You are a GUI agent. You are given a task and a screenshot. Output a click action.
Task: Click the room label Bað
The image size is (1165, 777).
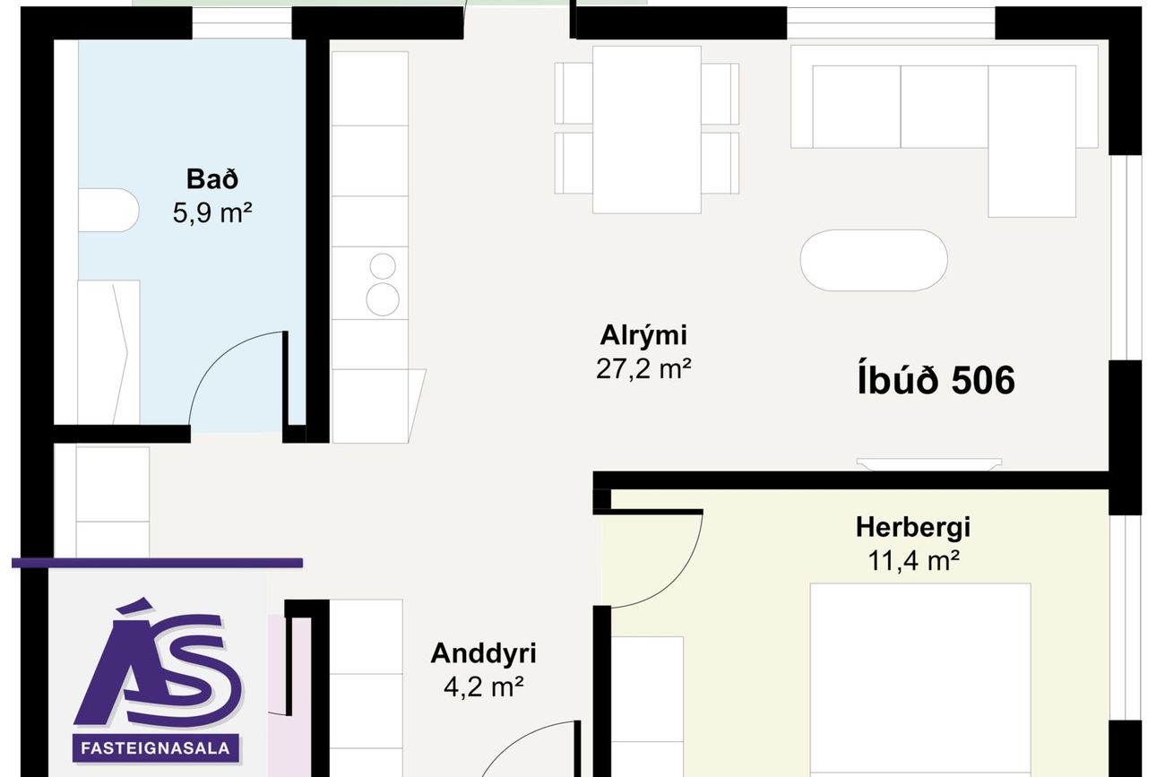pos(212,179)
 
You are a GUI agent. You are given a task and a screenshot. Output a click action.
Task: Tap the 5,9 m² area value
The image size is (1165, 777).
pos(212,213)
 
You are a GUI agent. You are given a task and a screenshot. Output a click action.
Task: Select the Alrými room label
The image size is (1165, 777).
pos(643,335)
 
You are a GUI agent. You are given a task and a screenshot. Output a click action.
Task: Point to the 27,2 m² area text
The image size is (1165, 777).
pos(643,369)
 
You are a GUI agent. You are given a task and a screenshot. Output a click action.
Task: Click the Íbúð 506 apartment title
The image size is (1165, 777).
pos(936,380)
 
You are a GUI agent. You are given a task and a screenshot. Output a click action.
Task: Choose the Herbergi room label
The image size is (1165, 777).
pos(913,527)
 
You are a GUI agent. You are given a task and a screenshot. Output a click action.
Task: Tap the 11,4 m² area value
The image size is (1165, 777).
pos(913,561)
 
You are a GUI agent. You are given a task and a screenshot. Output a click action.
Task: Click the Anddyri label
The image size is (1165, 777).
pos(483,653)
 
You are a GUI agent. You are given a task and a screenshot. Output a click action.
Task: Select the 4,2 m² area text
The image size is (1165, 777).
pos(483,687)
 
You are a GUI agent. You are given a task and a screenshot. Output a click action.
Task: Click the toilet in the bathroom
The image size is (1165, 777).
pos(108,210)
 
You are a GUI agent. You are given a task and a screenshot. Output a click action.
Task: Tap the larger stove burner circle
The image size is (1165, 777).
pos(383,299)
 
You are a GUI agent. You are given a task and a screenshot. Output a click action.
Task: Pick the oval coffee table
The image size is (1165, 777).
pos(874,260)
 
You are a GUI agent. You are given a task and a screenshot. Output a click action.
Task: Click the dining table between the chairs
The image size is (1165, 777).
pos(646,129)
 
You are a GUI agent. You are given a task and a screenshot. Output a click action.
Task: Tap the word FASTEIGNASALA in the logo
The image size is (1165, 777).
pos(156,748)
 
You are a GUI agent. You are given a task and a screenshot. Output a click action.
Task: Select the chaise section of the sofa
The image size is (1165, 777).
pos(1031,142)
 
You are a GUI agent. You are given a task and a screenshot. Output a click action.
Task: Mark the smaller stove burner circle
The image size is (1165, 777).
pos(383,266)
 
